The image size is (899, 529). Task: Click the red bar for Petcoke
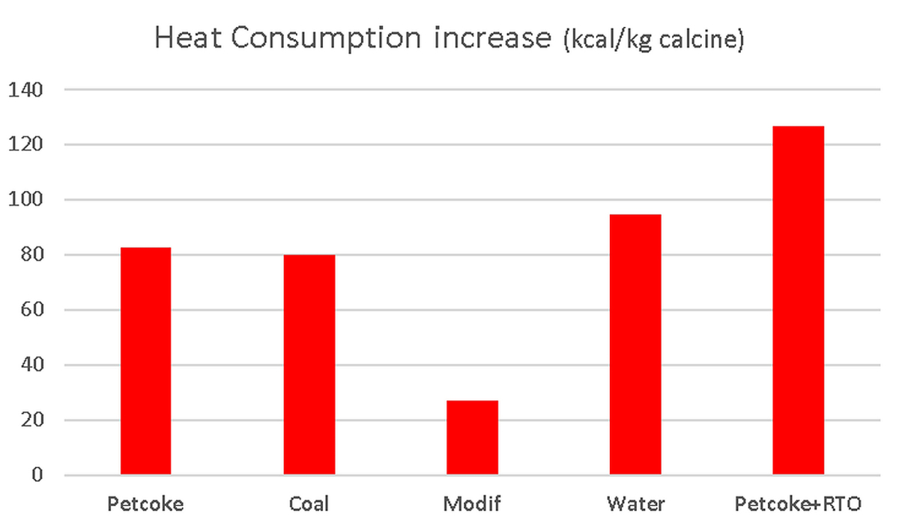click(x=145, y=361)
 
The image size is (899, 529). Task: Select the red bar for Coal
click(x=309, y=365)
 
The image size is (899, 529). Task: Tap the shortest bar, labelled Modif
click(x=472, y=438)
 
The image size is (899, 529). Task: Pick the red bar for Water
click(x=635, y=345)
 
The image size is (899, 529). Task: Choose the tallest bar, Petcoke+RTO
click(x=799, y=300)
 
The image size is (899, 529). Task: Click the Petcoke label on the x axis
click(x=145, y=504)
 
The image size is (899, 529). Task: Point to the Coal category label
click(x=309, y=504)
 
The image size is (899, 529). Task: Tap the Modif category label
click(x=472, y=504)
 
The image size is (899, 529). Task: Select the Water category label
click(x=635, y=504)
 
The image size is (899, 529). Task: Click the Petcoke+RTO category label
click(x=799, y=504)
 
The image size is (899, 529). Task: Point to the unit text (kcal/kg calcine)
click(x=652, y=40)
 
